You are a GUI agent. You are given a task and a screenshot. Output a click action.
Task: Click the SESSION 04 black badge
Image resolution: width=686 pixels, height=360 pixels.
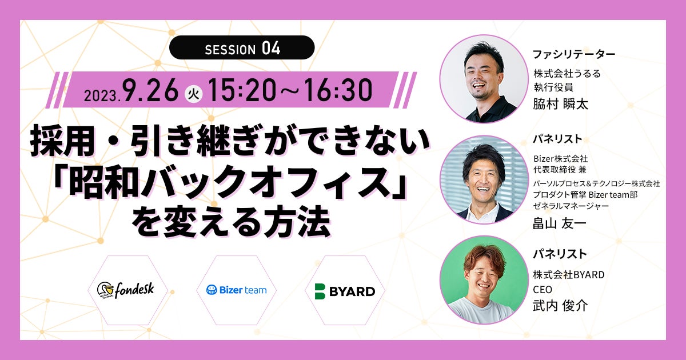coord(242,47)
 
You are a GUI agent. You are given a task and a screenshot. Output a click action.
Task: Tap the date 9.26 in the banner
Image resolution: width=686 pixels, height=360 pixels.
coord(150,90)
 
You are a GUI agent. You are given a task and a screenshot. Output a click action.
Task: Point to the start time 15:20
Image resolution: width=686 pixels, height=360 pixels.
coord(242,90)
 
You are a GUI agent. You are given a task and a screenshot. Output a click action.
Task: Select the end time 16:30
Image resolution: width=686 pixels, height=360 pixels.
coord(338,90)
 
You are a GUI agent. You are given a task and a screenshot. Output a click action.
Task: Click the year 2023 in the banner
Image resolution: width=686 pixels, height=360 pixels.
coord(101,96)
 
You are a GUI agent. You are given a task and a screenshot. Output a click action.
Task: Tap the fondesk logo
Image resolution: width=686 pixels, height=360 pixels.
coord(126,290)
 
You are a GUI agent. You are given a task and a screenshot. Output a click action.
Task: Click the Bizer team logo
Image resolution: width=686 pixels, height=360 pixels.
coord(236,290)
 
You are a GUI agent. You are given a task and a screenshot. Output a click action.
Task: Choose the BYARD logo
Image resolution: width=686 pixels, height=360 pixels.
coord(345,291)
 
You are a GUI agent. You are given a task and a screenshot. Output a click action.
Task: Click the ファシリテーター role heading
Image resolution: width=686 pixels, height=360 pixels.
coord(574,54)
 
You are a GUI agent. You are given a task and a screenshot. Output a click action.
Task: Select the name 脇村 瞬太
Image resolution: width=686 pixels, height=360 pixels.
coord(560,104)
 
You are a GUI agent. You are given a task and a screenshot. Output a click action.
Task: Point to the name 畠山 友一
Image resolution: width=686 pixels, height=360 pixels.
coord(560,223)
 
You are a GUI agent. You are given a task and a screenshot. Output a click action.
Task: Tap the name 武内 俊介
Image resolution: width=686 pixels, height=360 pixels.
coord(560,306)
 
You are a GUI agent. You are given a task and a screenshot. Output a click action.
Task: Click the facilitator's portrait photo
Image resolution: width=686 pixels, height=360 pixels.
coord(484,79)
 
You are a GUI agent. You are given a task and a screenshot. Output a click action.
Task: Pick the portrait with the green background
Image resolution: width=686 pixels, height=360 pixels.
coord(484,280)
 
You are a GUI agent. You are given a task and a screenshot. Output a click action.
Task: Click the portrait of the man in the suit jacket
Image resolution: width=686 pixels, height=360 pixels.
coord(484,179)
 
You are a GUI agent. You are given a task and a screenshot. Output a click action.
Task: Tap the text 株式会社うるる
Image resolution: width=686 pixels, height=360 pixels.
coord(567,74)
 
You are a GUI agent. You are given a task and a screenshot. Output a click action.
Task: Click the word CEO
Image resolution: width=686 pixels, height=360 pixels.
coord(543,289)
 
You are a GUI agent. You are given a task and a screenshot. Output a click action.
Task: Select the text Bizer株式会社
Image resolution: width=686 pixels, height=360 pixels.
coord(560,159)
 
